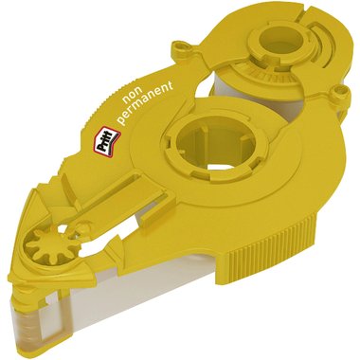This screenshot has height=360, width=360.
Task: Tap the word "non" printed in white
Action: click(x=131, y=96)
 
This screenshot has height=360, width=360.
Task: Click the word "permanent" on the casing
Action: click(x=146, y=99)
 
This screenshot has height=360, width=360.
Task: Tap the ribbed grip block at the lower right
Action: click(x=268, y=240)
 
